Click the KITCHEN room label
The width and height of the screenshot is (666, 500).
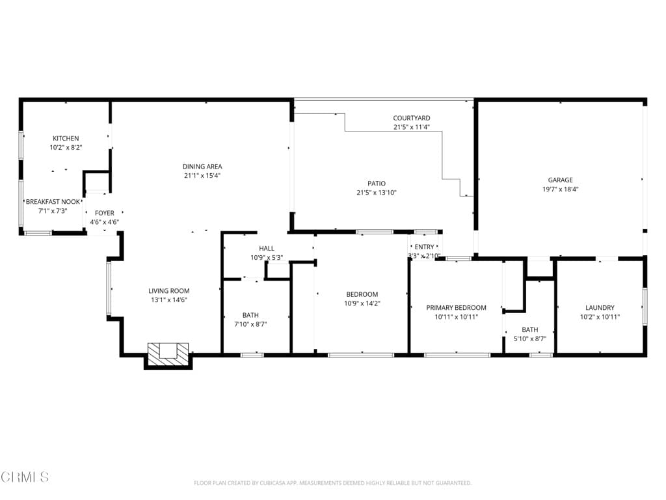pos(66,138)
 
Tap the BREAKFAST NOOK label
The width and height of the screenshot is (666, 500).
pos(53,202)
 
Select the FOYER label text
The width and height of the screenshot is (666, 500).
pos(104,213)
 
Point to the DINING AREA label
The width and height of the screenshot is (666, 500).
pos(202,167)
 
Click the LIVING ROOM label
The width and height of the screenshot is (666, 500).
pos(169,291)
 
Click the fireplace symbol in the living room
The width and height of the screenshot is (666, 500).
pos(168,353)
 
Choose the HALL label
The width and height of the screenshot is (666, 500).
pos(267,248)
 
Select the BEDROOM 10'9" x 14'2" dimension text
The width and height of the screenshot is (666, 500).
pos(362,303)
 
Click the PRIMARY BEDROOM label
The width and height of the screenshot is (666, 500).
pos(456,307)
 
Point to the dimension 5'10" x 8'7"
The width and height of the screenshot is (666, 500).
pos(529,339)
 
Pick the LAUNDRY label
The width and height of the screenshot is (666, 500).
pos(600,307)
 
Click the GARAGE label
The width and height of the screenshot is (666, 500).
pos(560,180)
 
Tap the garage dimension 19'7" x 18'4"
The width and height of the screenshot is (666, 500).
pos(560,189)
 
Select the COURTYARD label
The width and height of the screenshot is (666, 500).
pos(411,118)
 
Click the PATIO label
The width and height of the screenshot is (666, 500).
pos(377,183)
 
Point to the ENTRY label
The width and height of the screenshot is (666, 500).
pos(424,247)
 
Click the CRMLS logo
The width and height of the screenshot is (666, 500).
pos(25,477)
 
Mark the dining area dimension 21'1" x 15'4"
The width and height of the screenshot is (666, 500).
pos(202,176)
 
